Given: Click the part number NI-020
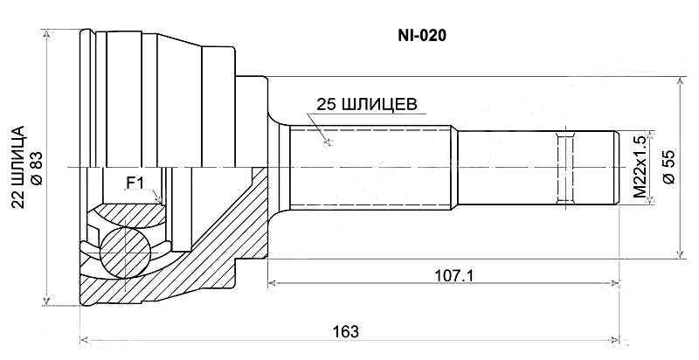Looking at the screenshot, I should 423,38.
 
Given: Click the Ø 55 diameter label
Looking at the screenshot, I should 668,166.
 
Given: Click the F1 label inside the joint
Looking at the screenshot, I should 135,183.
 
